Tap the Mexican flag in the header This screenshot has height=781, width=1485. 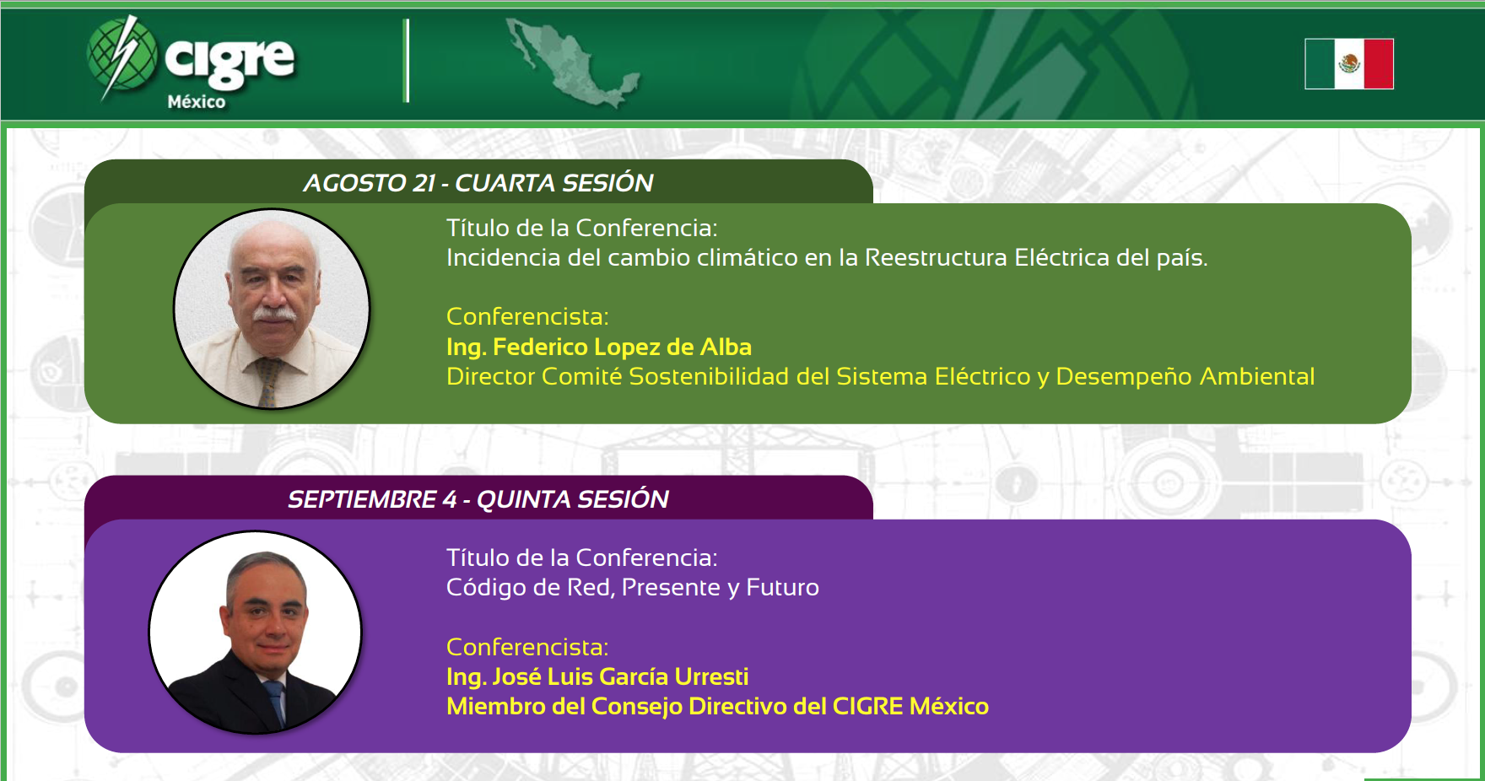pos(1349,63)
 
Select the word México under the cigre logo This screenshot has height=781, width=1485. pos(197,102)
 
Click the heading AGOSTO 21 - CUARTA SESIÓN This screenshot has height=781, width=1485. pos(478,183)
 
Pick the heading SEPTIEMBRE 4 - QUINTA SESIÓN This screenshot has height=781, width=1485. pos(478,499)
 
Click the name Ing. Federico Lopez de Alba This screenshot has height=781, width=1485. pos(599,347)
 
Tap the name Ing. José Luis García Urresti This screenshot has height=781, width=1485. pos(597,676)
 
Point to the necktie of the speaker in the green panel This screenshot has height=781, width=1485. pos(270,381)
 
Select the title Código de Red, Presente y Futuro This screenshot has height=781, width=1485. pos(633,587)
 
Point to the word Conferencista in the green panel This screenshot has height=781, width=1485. pos(527,316)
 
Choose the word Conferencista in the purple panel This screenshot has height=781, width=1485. pos(527,647)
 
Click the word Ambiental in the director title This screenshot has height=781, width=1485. pos(1257,376)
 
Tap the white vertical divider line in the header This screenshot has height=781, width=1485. pos(407,61)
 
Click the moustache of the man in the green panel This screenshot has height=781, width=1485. pos(274,315)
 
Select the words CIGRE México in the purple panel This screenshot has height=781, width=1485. pos(910,706)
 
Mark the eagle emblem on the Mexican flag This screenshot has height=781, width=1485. pos(1349,63)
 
